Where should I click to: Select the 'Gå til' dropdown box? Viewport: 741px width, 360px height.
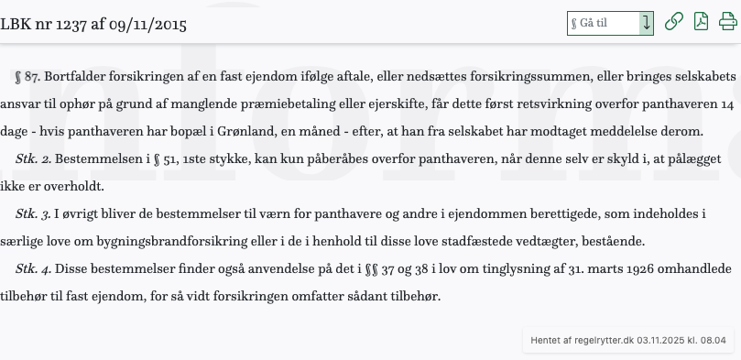pyautogui.click(x=610, y=22)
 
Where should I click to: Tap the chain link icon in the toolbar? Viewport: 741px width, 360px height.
pyautogui.click(x=673, y=22)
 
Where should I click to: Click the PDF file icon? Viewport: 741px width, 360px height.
pyautogui.click(x=701, y=22)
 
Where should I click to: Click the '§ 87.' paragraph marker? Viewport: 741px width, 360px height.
pyautogui.click(x=29, y=77)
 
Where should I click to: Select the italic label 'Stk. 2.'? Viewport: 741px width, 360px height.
pyautogui.click(x=34, y=159)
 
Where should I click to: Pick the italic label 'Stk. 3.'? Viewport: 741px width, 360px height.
pyautogui.click(x=34, y=214)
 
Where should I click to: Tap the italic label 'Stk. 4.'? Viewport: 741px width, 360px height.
pyautogui.click(x=34, y=269)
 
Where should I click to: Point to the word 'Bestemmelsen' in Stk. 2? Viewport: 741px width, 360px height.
pyautogui.click(x=95, y=159)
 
